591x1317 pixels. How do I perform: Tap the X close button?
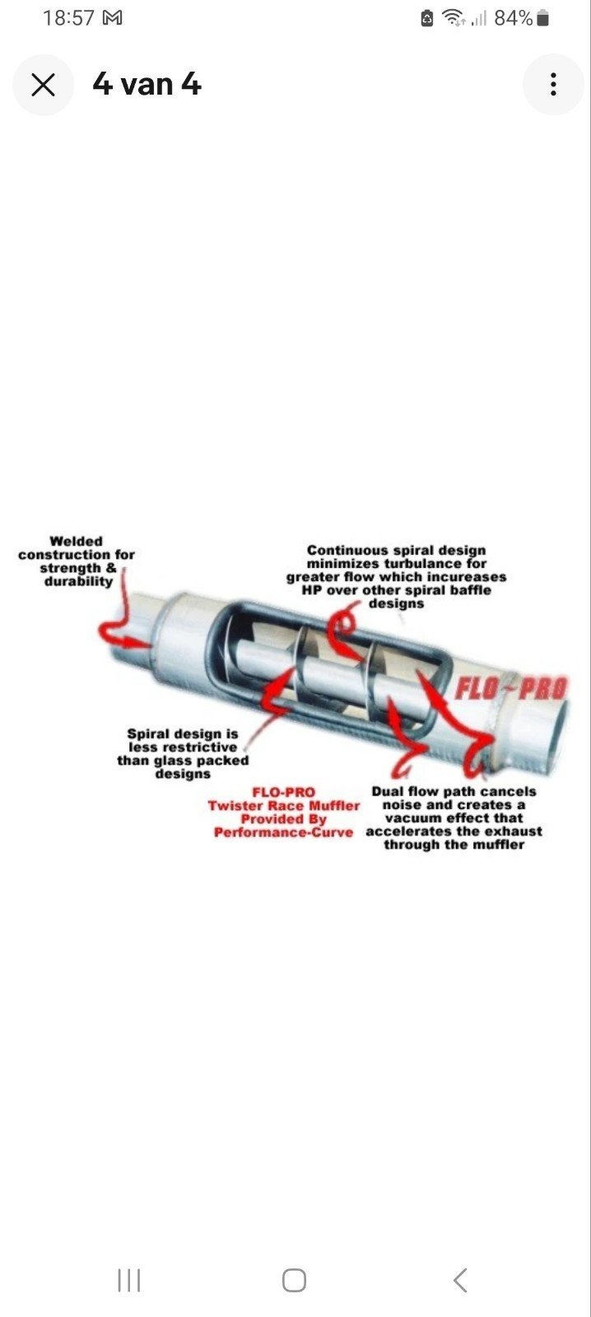click(x=43, y=85)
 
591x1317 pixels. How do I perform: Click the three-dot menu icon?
click(x=553, y=84)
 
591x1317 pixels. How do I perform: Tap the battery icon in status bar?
click(x=543, y=19)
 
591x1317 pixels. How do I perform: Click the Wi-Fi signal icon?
click(x=453, y=18)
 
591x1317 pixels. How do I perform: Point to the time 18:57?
click(x=68, y=17)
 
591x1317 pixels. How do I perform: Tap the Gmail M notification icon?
click(x=112, y=18)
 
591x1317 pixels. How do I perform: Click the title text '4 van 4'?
click(x=147, y=84)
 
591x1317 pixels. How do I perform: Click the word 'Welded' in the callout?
click(x=76, y=541)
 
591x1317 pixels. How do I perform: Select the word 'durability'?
click(x=78, y=581)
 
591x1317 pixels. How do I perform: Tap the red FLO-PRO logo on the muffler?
click(x=510, y=688)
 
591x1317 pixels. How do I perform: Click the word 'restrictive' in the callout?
click(x=202, y=747)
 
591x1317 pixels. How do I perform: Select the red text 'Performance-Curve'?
click(x=283, y=832)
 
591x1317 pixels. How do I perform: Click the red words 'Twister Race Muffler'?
click(x=283, y=806)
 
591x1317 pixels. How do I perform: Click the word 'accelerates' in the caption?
click(x=401, y=831)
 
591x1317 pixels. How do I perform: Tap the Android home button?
click(x=294, y=1280)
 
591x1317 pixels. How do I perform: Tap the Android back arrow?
click(x=460, y=1280)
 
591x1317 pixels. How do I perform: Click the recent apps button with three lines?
click(x=129, y=1280)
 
